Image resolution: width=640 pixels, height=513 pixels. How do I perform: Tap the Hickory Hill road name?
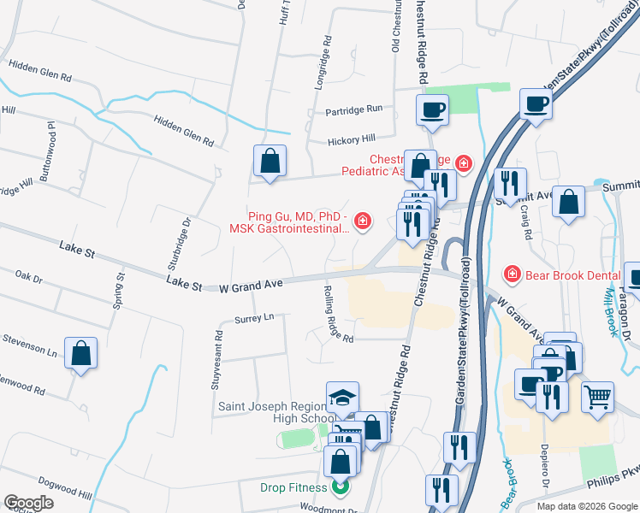(351, 139)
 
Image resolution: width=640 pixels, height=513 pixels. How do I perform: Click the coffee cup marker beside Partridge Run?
(432, 109)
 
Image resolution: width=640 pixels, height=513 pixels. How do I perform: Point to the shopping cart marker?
(597, 396)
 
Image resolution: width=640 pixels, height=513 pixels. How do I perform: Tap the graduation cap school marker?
(342, 397)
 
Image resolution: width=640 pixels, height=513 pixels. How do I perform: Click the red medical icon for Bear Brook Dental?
(511, 274)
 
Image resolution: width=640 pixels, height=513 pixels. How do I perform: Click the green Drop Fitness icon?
(341, 488)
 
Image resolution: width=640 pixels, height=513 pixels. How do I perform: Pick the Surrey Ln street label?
(253, 317)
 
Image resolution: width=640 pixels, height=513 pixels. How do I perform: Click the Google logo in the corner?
(28, 503)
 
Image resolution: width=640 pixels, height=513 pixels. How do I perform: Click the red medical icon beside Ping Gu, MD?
(363, 222)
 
